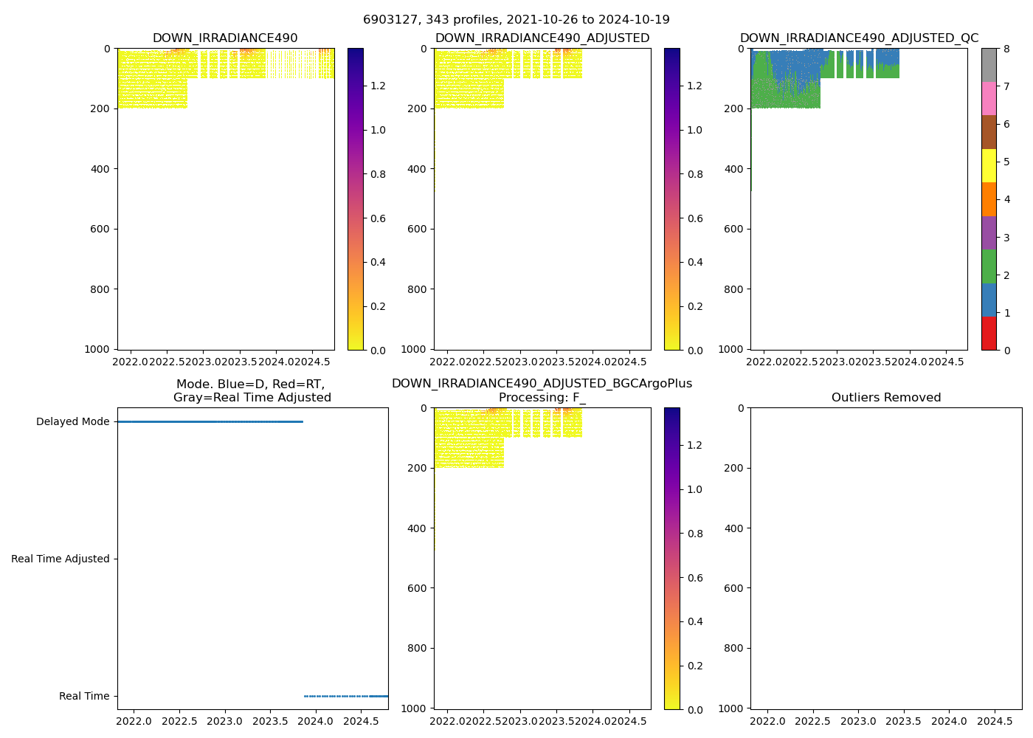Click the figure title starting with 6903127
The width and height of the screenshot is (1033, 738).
516,20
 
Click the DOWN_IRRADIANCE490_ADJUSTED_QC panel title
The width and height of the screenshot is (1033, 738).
859,38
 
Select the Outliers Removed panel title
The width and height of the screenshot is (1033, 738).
885,398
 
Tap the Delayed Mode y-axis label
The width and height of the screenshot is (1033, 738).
72,422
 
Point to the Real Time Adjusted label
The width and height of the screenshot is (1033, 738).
60,559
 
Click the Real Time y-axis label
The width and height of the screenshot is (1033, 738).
84,696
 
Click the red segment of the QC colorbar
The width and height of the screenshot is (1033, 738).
989,333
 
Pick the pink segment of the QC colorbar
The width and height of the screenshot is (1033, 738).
989,99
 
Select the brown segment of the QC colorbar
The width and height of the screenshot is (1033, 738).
989,132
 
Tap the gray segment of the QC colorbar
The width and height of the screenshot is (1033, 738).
989,65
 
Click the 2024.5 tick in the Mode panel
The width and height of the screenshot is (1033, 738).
362,721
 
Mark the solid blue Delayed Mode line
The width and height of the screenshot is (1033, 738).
210,421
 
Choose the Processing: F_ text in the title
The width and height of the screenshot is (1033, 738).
542,398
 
